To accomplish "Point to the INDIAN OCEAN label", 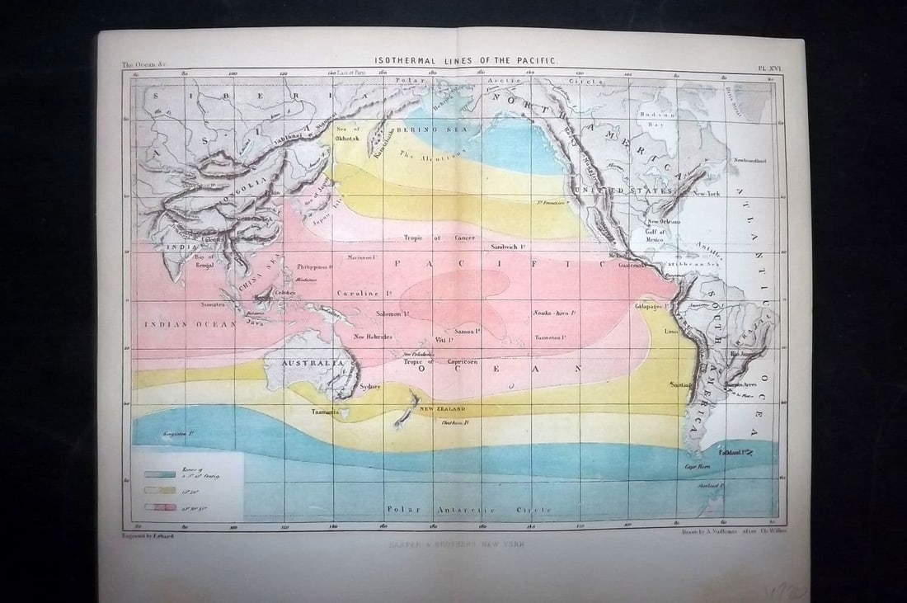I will [x=190, y=324].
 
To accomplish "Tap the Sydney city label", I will [x=370, y=386].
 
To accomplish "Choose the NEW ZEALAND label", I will [x=442, y=409].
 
